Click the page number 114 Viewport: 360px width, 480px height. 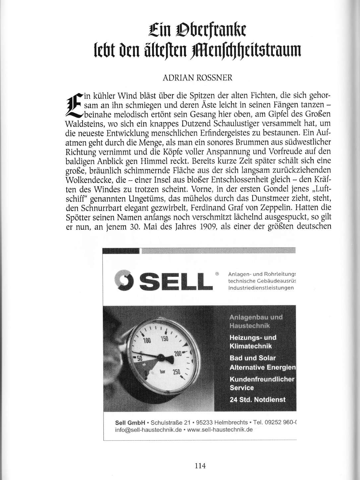point(200,466)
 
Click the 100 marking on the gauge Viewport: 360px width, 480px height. point(147,340)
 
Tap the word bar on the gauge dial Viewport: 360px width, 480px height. point(162,372)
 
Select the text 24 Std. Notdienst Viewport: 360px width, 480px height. point(258,399)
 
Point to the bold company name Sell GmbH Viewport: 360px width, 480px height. point(130,423)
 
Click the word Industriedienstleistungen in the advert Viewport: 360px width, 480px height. point(261,288)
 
